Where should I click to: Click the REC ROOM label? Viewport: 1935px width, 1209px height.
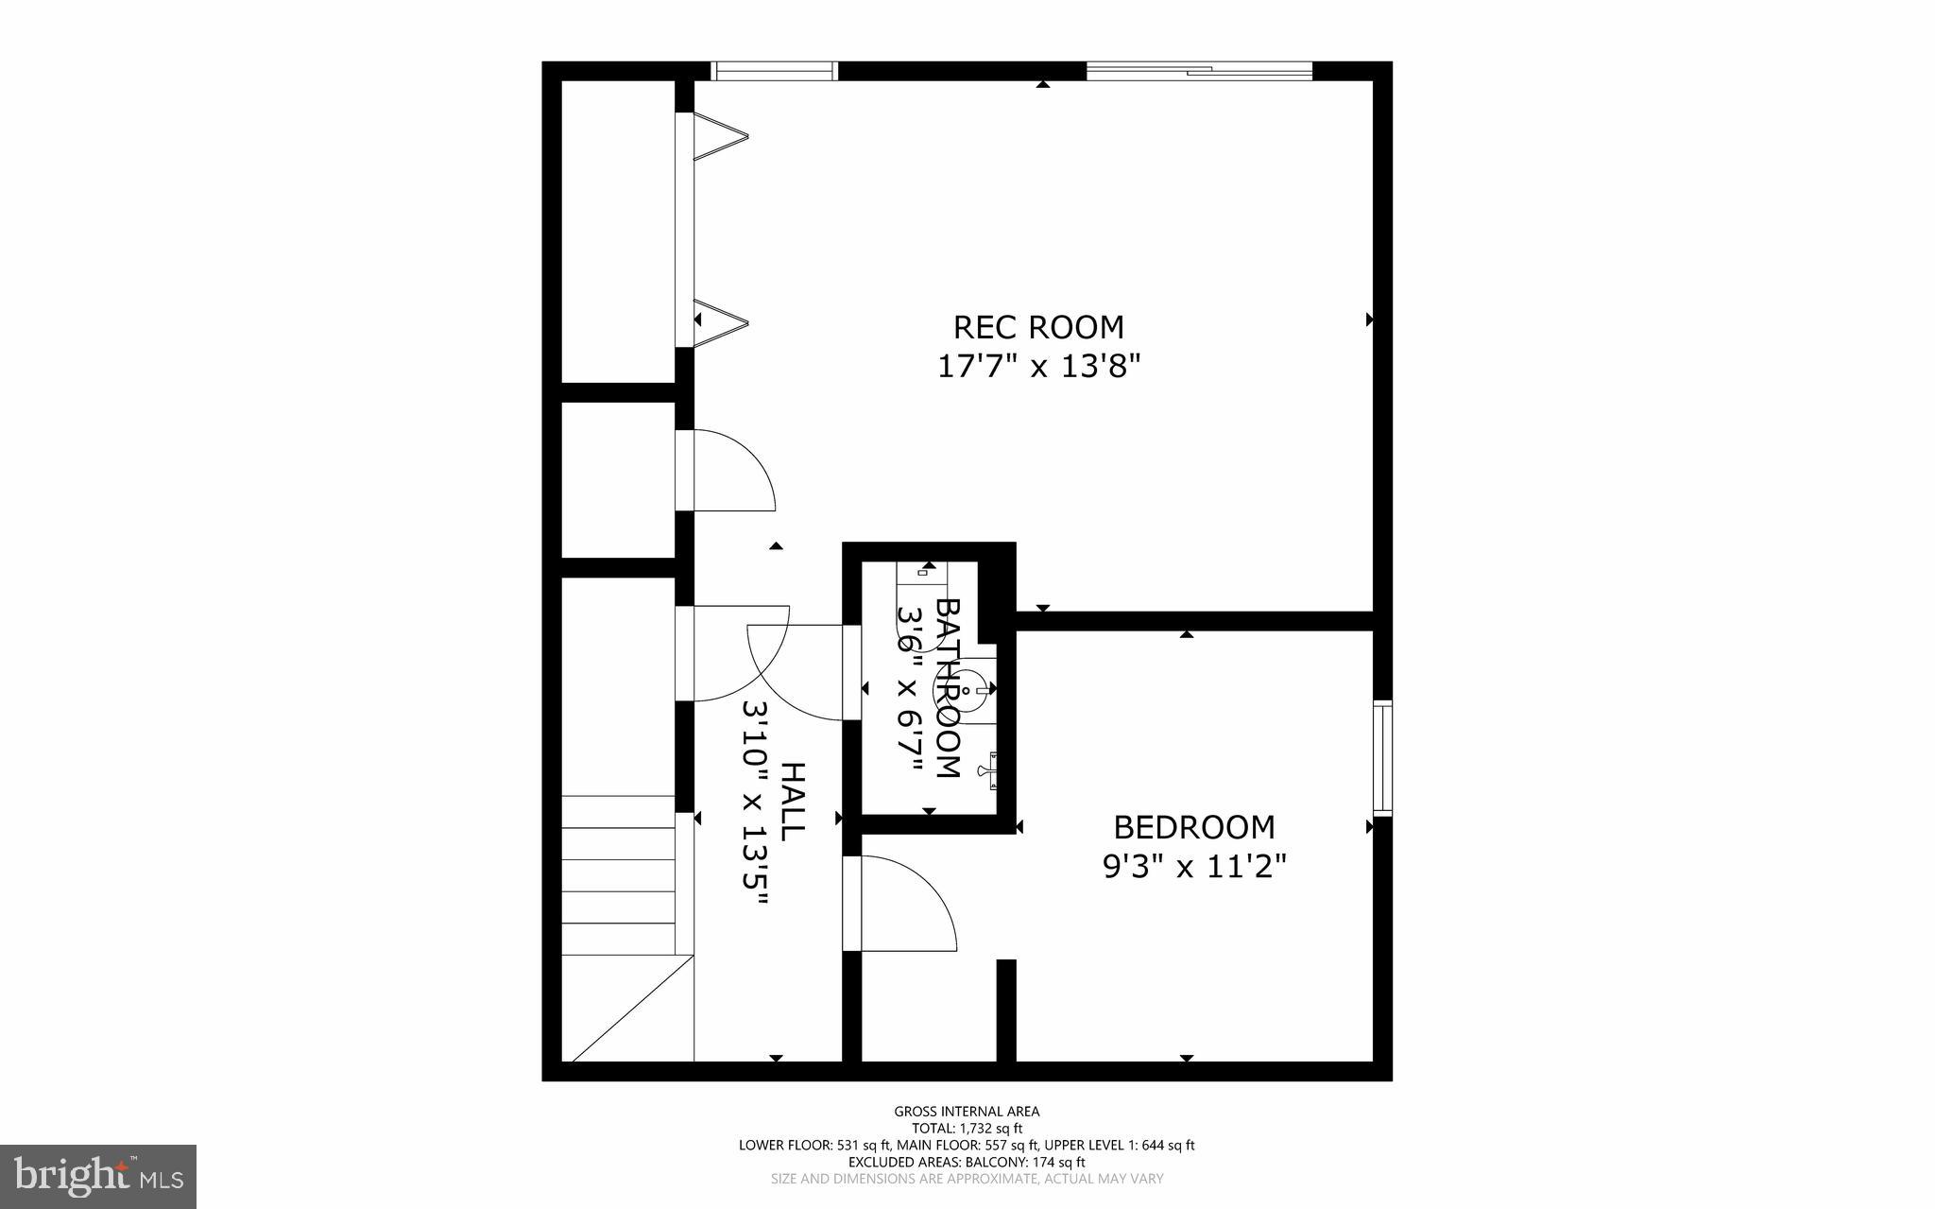tap(1038, 327)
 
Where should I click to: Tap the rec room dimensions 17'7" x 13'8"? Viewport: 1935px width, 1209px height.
tap(1038, 366)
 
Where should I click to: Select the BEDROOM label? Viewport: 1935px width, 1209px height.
tap(1194, 827)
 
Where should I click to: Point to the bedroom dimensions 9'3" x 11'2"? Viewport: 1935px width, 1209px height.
tap(1194, 866)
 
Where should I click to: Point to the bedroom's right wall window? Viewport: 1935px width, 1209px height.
tap(1382, 757)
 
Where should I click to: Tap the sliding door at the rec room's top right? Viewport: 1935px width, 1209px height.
tap(1199, 71)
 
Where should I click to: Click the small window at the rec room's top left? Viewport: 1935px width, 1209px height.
tap(774, 71)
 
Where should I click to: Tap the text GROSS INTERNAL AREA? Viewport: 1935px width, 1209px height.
tap(967, 1112)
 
